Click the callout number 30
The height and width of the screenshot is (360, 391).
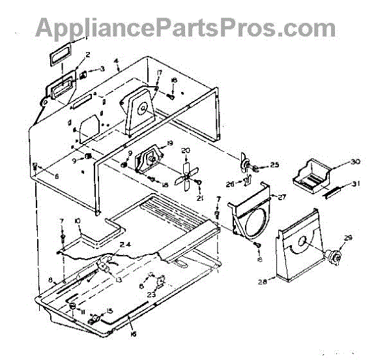click(x=355, y=162)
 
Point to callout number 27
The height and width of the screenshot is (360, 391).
click(x=283, y=196)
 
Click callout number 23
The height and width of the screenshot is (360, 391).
click(x=151, y=295)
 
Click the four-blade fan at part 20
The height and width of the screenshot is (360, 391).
click(x=187, y=171)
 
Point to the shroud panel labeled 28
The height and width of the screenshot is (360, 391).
click(x=297, y=251)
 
